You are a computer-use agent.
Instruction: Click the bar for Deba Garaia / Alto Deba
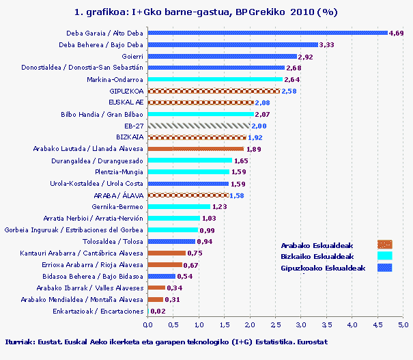(x=268, y=33)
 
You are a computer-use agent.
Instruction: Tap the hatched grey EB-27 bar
(x=199, y=126)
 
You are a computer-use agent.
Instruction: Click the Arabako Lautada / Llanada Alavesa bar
(x=196, y=149)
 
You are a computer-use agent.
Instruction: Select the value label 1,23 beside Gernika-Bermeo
(x=219, y=206)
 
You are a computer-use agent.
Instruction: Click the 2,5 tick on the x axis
(x=275, y=324)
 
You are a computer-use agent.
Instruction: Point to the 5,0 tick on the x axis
(x=403, y=324)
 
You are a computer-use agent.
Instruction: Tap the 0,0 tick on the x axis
(x=147, y=324)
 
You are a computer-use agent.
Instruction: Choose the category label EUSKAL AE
(x=126, y=102)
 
